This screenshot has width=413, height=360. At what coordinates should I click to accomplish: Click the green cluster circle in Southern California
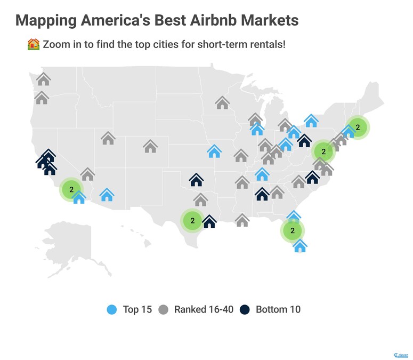(71, 189)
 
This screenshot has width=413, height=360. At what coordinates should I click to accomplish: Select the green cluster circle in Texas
(192, 220)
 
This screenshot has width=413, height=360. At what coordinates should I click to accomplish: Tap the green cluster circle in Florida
(292, 231)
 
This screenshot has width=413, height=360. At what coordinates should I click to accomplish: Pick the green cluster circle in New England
(358, 127)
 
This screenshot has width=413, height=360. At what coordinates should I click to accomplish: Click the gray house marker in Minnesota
(222, 103)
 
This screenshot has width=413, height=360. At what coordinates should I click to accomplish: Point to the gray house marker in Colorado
(150, 146)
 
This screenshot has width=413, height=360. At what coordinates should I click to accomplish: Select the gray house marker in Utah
(108, 139)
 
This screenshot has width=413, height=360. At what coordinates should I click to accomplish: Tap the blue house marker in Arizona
(107, 195)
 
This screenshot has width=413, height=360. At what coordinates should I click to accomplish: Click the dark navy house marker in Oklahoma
(196, 180)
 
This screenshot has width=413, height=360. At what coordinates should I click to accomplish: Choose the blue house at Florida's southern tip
(300, 246)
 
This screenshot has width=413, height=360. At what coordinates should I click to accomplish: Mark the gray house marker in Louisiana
(242, 220)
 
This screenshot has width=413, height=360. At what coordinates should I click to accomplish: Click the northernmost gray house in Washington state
(44, 79)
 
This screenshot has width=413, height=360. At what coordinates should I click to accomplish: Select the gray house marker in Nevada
(87, 174)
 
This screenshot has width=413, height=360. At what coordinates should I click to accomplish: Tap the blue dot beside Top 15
(112, 309)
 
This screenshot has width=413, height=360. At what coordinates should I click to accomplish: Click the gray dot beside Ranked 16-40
(163, 309)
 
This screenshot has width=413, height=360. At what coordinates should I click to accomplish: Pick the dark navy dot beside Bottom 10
(245, 309)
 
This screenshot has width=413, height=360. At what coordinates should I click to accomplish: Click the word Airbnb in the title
(202, 20)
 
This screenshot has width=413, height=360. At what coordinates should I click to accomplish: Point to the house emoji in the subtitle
(33, 44)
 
